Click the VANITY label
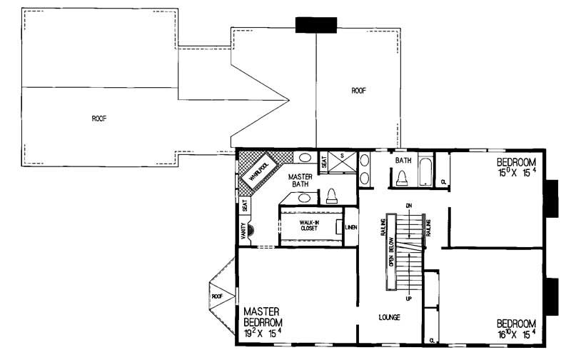click(x=244, y=230)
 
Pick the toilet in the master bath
click(x=332, y=196)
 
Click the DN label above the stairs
click(x=410, y=206)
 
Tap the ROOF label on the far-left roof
click(x=98, y=119)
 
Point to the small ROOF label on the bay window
click(x=217, y=296)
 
